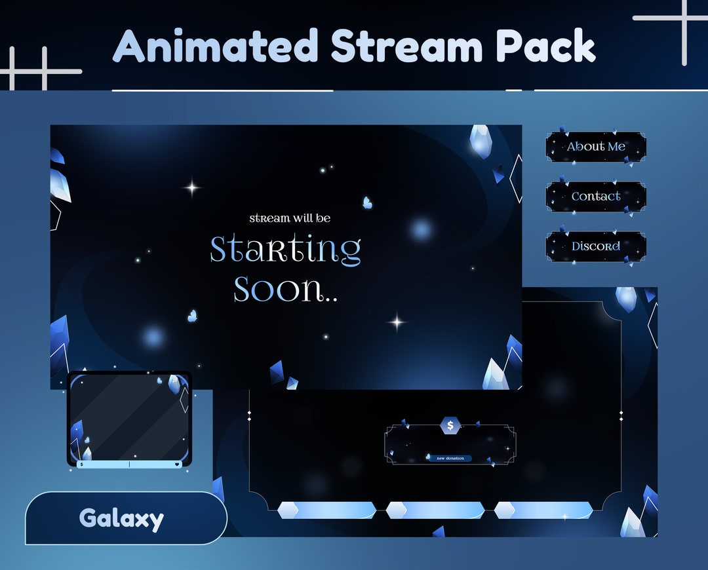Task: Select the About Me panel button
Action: (596, 147)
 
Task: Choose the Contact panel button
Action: (596, 197)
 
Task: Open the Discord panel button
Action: (596, 246)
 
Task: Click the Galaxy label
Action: (121, 519)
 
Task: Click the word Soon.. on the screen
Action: (285, 289)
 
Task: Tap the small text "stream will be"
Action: (290, 218)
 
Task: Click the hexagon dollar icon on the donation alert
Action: (450, 426)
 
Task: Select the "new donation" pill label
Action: (450, 459)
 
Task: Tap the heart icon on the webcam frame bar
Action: (177, 465)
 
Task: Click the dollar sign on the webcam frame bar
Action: (81, 465)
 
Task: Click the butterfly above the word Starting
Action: (368, 203)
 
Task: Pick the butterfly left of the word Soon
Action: (192, 316)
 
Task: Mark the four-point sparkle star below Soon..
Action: (396, 322)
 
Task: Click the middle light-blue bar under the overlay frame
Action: (435, 510)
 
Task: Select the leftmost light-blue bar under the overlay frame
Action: (326, 510)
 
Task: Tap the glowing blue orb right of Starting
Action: (421, 229)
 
